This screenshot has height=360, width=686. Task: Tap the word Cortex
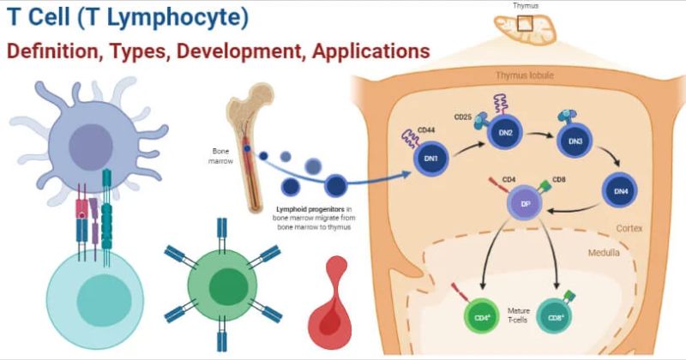(629, 230)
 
